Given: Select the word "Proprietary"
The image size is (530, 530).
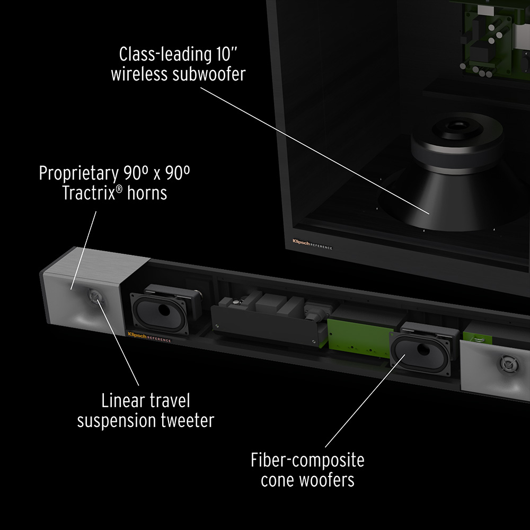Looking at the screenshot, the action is (x=79, y=173).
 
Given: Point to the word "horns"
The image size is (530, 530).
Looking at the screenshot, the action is (x=147, y=193).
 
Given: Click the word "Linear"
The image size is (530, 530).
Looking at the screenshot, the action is (x=123, y=401).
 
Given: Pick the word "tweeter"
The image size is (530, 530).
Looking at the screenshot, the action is (x=187, y=421).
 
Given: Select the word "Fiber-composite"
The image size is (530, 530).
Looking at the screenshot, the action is (x=307, y=461).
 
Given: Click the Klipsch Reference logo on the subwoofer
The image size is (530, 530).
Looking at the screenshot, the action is (x=312, y=244).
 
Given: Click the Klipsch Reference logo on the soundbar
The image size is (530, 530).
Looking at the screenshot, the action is (x=149, y=337).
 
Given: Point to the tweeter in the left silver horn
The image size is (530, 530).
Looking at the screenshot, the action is (x=95, y=296).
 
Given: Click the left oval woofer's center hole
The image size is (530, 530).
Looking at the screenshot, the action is (x=164, y=310).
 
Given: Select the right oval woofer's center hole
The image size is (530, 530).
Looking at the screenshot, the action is (x=423, y=349).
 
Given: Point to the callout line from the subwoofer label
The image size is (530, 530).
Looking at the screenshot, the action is (x=315, y=151).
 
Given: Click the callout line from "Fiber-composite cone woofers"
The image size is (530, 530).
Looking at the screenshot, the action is (x=365, y=401).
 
